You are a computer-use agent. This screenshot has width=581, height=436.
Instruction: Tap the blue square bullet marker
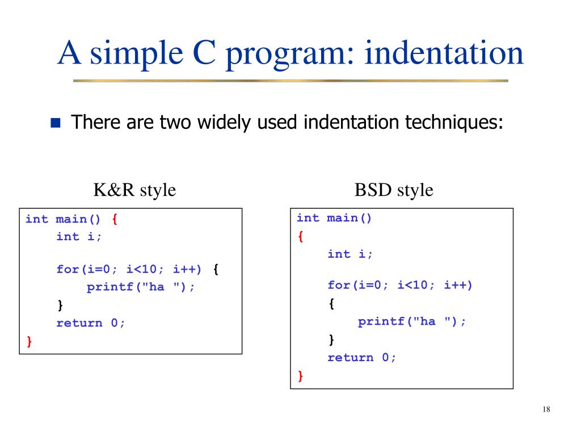[56, 123]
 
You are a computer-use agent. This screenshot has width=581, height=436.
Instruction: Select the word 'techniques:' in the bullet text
[454, 122]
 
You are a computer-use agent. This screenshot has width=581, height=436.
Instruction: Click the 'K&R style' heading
[134, 190]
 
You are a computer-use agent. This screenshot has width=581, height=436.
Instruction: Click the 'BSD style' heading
[394, 190]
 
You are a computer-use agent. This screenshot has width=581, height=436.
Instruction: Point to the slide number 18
[547, 410]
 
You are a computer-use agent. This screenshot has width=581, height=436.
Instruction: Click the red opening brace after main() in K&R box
[115, 219]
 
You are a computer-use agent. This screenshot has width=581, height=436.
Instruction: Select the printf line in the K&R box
[141, 287]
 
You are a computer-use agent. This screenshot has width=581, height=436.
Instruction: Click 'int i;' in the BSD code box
[351, 254]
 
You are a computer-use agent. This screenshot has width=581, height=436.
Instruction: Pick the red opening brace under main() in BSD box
[301, 237]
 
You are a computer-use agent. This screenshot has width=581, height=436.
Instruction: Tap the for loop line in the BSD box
[400, 285]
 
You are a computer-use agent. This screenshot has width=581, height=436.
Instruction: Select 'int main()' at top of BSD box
[335, 218]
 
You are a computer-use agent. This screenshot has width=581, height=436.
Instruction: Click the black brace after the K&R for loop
[216, 269]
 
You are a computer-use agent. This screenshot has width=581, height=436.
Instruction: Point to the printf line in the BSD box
[412, 321]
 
